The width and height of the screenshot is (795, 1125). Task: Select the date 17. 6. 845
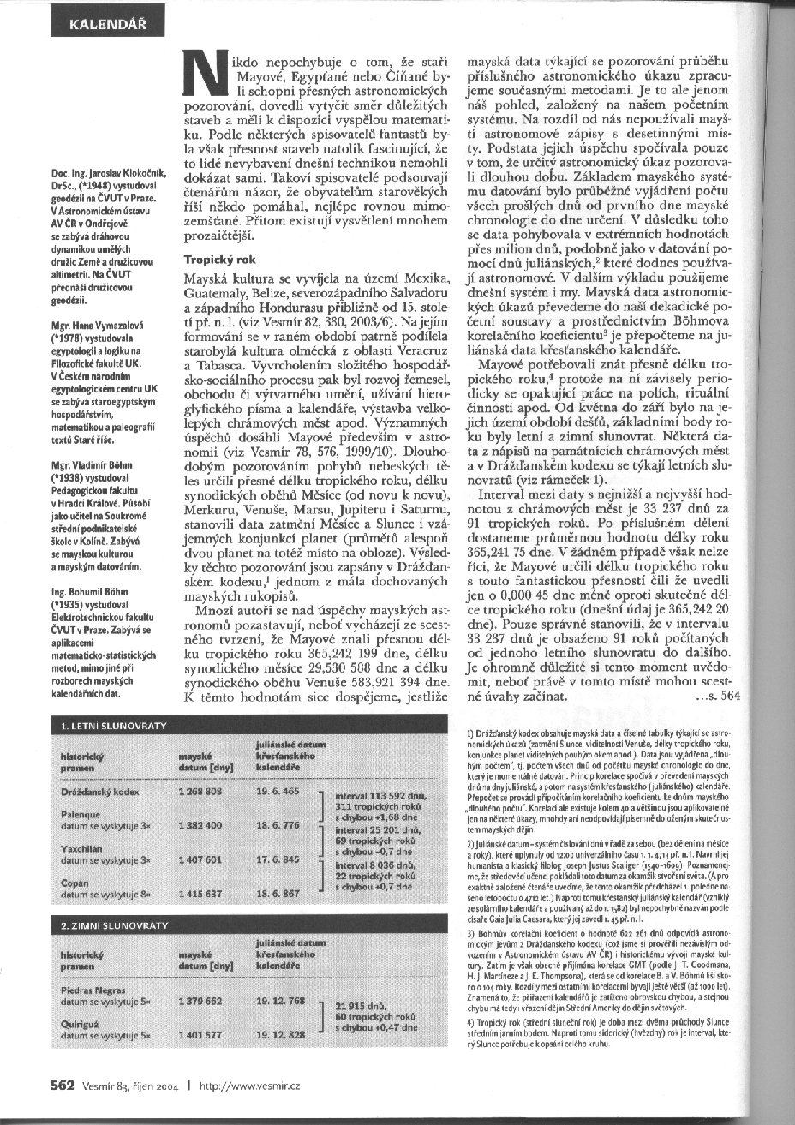[278, 859]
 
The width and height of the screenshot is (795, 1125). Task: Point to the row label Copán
[75, 882]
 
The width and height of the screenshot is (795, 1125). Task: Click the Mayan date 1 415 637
[200, 893]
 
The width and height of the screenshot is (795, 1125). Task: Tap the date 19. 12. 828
[281, 1034]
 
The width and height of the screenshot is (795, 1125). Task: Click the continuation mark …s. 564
[718, 696]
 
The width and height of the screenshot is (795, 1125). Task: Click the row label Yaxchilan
[81, 848]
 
